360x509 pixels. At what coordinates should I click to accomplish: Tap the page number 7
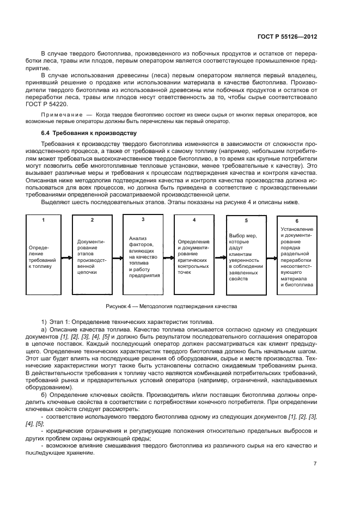[x=315, y=464]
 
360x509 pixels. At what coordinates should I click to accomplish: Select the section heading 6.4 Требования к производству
[x=89, y=133]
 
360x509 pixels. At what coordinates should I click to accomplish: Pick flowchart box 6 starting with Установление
[x=296, y=255]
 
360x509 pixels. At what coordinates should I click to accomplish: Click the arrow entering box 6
[x=271, y=256]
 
